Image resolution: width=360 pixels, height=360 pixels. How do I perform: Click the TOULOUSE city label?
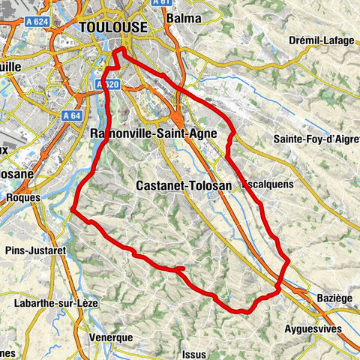click(x=112, y=26)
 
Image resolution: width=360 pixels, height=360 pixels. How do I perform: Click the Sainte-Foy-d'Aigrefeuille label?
click(x=316, y=139)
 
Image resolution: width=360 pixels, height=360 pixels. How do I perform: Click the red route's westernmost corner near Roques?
click(x=73, y=211)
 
